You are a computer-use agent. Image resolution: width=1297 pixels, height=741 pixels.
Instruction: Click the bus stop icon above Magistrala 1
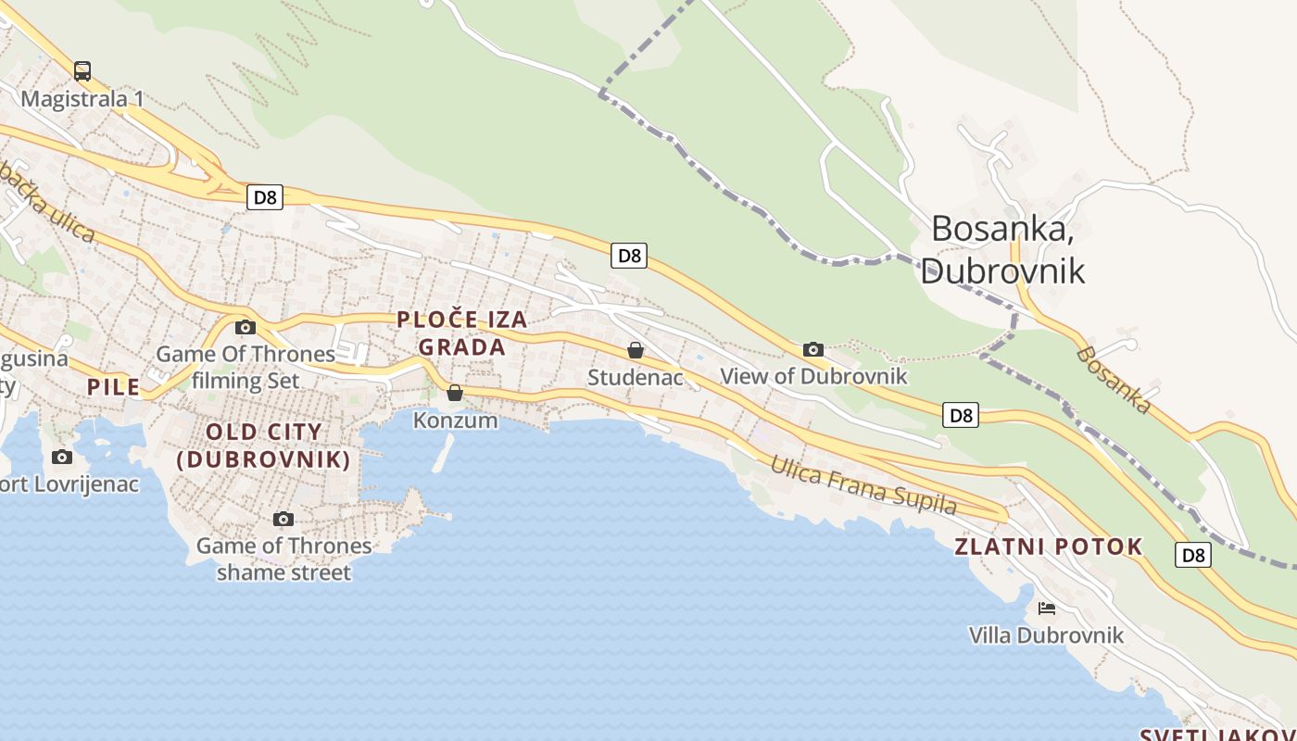[x=82, y=70]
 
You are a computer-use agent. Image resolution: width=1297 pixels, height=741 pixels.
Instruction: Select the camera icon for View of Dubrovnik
[x=812, y=349]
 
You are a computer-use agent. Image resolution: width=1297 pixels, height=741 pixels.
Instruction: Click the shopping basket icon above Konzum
[x=455, y=393]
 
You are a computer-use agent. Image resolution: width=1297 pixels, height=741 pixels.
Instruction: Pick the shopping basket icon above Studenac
[x=636, y=350]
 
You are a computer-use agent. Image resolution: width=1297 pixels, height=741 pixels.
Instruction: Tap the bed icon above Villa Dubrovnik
[x=1047, y=609]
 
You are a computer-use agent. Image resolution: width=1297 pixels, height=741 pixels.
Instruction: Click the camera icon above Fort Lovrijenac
[x=62, y=457]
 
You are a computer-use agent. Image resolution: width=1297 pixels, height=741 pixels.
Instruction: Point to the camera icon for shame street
[x=283, y=519]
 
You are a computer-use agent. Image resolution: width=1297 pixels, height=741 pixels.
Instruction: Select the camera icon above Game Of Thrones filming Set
[x=246, y=327]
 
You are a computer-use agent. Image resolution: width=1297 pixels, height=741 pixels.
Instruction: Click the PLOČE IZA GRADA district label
[x=461, y=333]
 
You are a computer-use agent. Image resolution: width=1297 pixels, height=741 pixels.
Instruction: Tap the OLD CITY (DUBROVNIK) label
[x=264, y=446]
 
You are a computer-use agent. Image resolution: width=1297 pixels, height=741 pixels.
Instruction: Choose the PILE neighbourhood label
[x=113, y=387]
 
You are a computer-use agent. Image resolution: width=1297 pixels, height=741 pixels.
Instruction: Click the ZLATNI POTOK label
[x=1048, y=546]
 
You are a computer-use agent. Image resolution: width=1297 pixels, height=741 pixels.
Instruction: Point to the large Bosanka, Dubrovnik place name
[x=1002, y=248]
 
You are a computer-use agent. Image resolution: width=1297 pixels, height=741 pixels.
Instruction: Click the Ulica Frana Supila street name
[x=863, y=484]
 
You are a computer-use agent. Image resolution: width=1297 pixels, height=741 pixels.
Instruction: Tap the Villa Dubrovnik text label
[x=1046, y=635]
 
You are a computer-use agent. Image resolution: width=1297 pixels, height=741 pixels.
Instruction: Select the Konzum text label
[x=455, y=421]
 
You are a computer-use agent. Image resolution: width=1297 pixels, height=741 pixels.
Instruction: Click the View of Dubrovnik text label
[x=813, y=377]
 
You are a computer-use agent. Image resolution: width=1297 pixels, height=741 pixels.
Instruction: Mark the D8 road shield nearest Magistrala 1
[x=265, y=196]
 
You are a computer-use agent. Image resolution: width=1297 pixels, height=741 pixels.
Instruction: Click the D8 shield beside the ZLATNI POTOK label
[x=1193, y=555]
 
